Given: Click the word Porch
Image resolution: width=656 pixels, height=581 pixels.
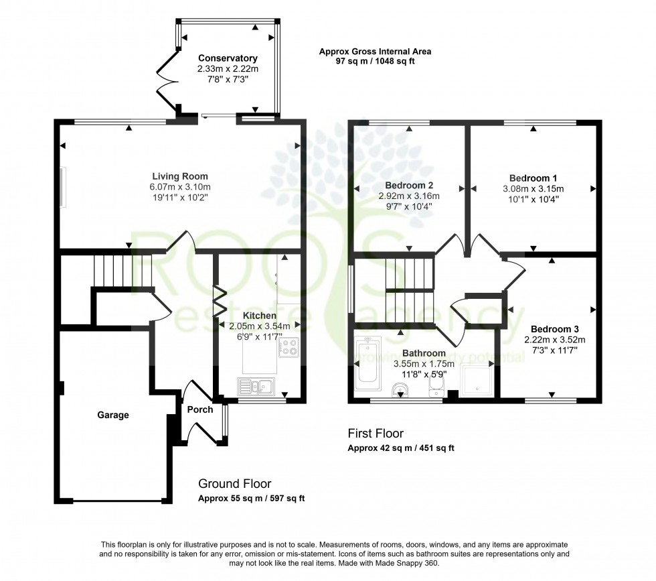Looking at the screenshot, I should point(199,409).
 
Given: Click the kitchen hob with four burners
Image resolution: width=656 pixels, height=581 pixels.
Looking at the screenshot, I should point(289,347).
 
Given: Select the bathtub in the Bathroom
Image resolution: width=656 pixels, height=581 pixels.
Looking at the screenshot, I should point(368,364).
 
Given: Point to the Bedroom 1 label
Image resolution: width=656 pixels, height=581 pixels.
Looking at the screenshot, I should point(531,178).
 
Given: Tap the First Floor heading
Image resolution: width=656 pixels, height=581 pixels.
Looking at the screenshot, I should point(376,434).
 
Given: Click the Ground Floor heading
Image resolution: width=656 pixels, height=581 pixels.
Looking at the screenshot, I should point(235,483).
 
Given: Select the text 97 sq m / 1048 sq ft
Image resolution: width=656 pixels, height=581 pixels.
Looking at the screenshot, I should point(375,61).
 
